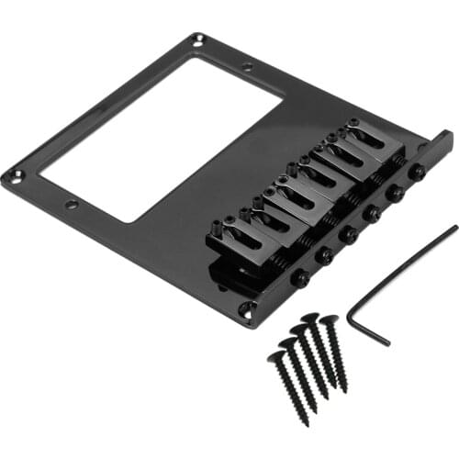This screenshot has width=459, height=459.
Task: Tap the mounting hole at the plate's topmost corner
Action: pos(198,39)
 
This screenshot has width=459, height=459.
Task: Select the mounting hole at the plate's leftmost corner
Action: pos(10,174)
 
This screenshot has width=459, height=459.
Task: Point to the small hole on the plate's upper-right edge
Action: pos(247,67)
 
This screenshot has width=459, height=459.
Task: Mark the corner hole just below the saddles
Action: pos(245,309)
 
